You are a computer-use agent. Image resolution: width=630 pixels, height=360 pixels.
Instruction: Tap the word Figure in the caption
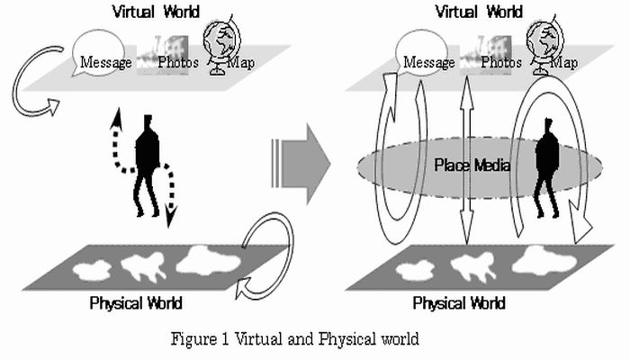click(197, 340)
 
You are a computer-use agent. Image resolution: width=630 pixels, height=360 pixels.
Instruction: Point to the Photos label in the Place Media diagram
click(500, 63)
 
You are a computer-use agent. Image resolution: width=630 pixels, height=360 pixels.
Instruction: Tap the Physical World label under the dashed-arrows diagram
click(136, 302)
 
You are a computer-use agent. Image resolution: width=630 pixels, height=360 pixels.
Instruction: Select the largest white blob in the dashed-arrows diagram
click(209, 261)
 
